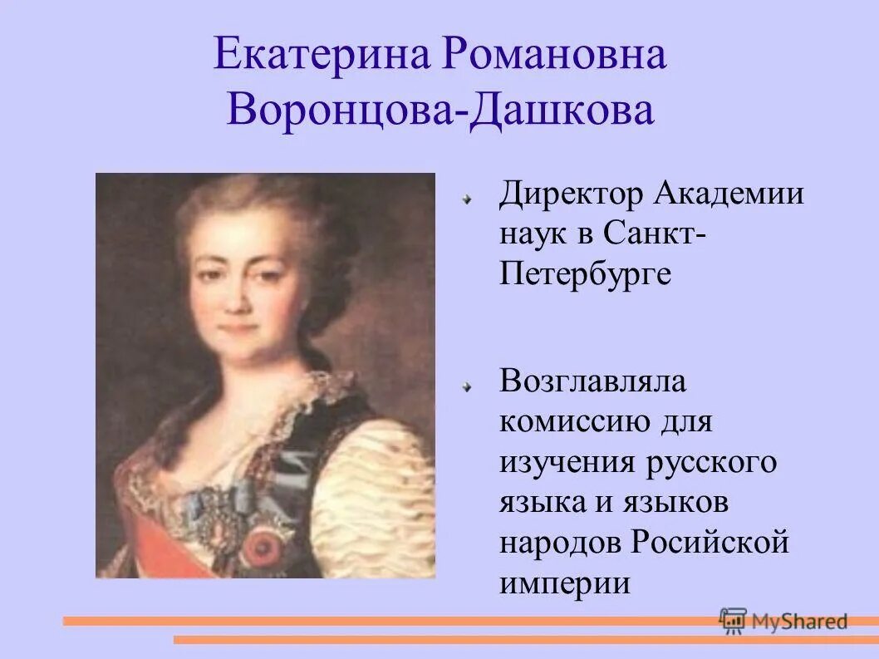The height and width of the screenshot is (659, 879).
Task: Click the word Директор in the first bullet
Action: click(572, 195)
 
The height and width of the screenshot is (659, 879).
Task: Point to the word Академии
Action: click(729, 195)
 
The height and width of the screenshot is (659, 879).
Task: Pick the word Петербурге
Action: click(585, 273)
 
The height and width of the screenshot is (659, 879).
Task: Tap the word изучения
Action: click(565, 462)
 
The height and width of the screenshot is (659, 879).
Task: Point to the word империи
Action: click(565, 582)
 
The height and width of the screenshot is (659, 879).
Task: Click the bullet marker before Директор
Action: click(469, 199)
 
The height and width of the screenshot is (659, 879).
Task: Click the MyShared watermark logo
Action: click(784, 620)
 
